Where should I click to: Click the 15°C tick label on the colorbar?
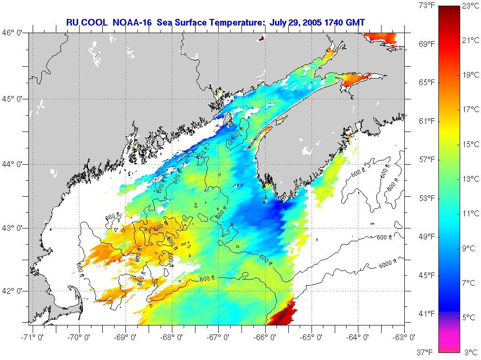pyautogui.click(x=470, y=144)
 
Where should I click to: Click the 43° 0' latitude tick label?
pyautogui.click(x=15, y=228)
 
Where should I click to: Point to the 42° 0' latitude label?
pyautogui.click(x=15, y=290)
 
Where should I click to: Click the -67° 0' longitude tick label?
pyautogui.click(x=218, y=337)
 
